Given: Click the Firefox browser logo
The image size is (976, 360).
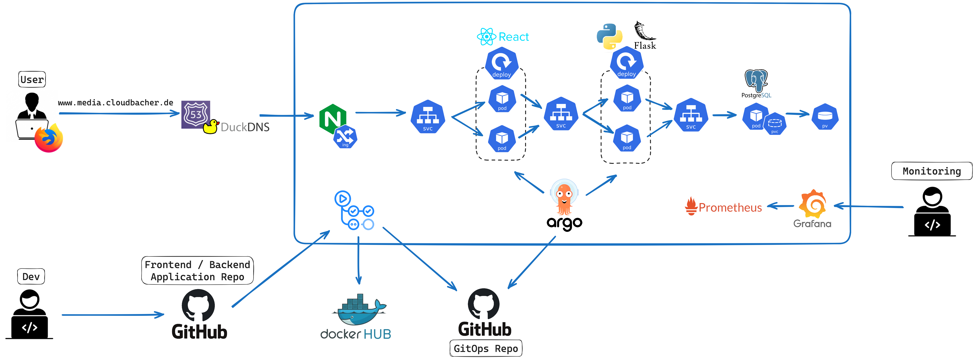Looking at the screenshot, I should coord(48,139).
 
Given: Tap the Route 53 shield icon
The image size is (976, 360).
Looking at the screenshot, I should coord(195,114).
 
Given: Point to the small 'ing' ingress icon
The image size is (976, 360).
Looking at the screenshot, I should coord(345,137).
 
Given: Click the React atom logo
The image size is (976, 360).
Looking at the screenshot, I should coord(486,37).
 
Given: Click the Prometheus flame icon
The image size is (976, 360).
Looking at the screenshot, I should coord(691,206).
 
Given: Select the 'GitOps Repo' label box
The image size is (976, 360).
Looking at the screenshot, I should coord(486,348).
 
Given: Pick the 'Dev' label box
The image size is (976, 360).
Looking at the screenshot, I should coord(31,277).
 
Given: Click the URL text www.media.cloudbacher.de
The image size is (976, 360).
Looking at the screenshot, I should coord(116,103).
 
